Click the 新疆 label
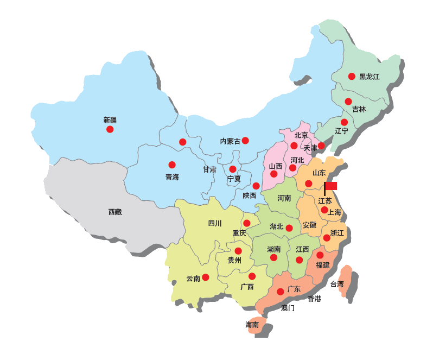pyautogui.click(x=110, y=119)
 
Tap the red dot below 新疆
pyautogui.click(x=110, y=129)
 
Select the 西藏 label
pyautogui.click(x=114, y=212)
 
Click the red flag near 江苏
pyautogui.click(x=330, y=186)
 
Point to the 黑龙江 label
pyautogui.click(x=370, y=77)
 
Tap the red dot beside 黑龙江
pyautogui.click(x=352, y=77)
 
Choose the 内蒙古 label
pyautogui.click(x=230, y=141)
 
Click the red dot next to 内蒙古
pyautogui.click(x=245, y=141)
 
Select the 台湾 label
pyautogui.click(x=337, y=284)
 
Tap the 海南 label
pyautogui.click(x=252, y=325)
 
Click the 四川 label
pyautogui.click(x=215, y=223)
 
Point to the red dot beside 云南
pyautogui.click(x=206, y=277)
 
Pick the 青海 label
pyautogui.click(x=172, y=177)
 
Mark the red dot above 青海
pyautogui.click(x=172, y=165)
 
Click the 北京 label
pyautogui.click(x=301, y=135)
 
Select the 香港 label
pyautogui.click(x=314, y=299)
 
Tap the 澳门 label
pyautogui.click(x=288, y=308)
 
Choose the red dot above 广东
pyautogui.click(x=280, y=292)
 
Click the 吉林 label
pyautogui.click(x=359, y=109)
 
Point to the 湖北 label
pyautogui.click(x=277, y=226)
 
